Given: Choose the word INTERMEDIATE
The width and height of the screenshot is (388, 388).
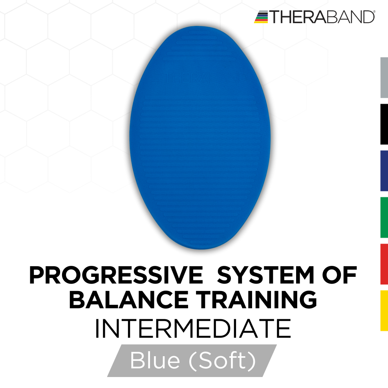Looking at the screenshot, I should (x=193, y=329).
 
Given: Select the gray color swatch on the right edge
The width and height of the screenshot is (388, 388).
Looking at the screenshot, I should (x=384, y=77).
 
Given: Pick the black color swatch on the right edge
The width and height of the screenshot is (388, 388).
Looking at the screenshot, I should (x=384, y=124).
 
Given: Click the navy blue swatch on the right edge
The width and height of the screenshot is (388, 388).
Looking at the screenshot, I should (x=384, y=170).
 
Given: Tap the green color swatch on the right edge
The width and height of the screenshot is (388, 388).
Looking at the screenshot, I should (x=384, y=217).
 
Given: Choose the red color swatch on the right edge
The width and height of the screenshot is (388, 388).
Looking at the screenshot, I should (x=384, y=264).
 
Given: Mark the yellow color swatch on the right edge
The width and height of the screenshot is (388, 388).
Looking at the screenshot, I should (x=384, y=310).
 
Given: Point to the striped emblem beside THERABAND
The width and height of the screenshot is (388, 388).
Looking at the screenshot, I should (x=261, y=17).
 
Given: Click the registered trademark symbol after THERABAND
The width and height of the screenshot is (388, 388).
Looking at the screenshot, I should (x=373, y=13).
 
